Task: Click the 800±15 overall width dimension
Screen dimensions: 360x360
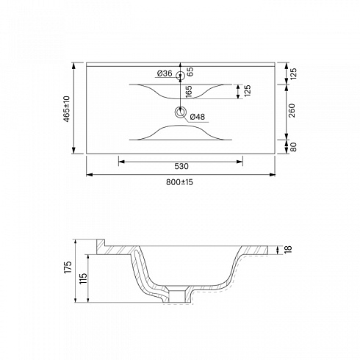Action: pos(179,182)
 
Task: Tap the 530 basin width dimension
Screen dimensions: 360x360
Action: pos(181,166)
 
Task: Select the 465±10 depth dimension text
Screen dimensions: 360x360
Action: pos(67,109)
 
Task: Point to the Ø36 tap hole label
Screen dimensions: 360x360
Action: pos(165,73)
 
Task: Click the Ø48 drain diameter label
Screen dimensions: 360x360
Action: pos(198,117)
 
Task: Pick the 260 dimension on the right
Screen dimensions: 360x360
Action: pos(292,110)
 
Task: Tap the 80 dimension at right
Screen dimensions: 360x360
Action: pos(293,147)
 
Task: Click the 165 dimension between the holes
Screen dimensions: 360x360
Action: pos(189,92)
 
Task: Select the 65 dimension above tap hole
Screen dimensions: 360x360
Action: pos(190,71)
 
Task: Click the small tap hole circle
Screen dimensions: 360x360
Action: pos(181,75)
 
